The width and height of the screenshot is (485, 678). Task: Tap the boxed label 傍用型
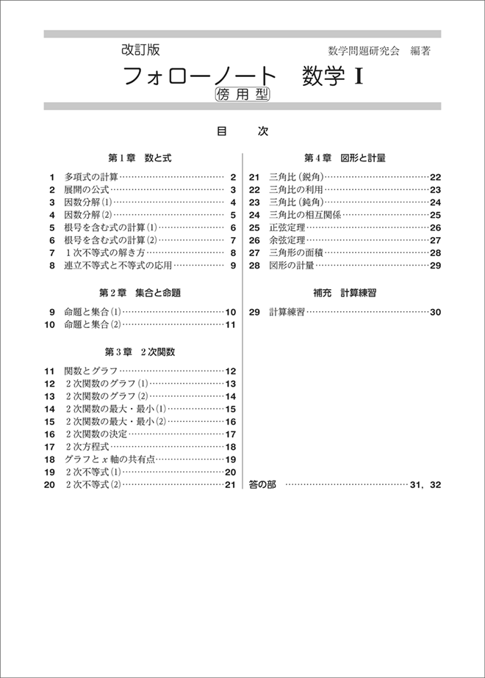[242, 94]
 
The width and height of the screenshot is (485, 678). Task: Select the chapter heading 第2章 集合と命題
[144, 293]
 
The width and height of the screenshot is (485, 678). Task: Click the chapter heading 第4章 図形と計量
[345, 158]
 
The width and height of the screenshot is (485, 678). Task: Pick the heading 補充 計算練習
[345, 293]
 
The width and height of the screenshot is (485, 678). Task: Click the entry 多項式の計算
[91, 177]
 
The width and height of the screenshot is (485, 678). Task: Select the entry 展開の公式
[86, 190]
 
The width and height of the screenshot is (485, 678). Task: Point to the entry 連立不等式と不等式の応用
[118, 265]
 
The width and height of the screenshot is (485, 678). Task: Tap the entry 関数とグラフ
[91, 371]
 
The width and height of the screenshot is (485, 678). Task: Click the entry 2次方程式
[87, 447]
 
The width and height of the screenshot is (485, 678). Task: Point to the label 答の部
[262, 485]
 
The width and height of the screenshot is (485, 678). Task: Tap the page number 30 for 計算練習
[434, 312]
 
